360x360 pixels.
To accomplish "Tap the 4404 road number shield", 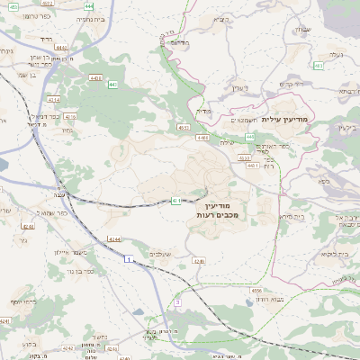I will click(x=96, y=78).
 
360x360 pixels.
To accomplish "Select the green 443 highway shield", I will click(x=113, y=84).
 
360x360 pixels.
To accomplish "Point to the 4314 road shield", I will click(x=54, y=99).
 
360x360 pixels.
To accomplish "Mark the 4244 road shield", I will click(x=114, y=238).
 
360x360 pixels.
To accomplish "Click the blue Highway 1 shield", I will click(x=128, y=259).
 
